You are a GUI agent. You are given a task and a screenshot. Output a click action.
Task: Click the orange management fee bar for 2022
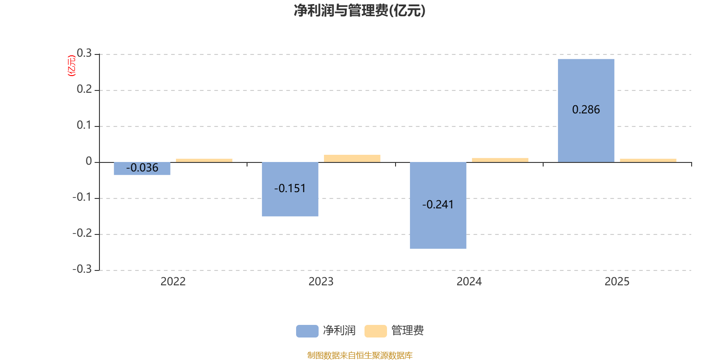[204, 160]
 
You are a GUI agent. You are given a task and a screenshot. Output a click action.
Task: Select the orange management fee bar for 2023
[352, 158]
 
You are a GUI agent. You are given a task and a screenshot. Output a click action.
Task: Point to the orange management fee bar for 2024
[500, 160]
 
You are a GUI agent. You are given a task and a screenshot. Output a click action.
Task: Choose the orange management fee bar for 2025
[648, 160]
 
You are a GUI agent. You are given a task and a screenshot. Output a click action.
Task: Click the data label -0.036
[142, 168]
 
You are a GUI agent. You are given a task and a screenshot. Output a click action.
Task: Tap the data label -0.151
[290, 189]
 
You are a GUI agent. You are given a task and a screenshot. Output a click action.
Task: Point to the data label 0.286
[586, 110]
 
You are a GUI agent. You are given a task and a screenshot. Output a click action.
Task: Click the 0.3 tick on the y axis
[84, 54]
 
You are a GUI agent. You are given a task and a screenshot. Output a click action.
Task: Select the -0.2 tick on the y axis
[82, 234]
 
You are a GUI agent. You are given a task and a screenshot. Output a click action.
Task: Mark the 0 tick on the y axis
[89, 162]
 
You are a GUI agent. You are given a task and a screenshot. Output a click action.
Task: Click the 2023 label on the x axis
[321, 282]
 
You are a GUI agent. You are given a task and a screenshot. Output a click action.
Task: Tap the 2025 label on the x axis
[617, 282]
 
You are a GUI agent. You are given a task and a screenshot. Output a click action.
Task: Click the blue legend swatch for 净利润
[307, 331]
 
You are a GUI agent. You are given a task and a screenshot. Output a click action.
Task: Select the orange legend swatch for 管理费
[375, 331]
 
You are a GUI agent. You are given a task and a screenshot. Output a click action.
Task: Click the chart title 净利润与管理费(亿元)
[360, 10]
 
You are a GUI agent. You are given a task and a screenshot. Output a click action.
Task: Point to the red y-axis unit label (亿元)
[71, 66]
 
